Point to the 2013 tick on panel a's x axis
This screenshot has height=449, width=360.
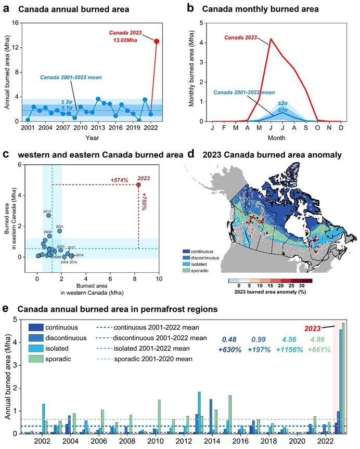pyautogui.click(x=98, y=127)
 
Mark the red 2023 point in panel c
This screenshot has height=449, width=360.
pyautogui.click(x=138, y=184)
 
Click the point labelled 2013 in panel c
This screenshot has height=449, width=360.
pyautogui.click(x=48, y=215)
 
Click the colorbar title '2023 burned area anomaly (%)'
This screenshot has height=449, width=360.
pyautogui.click(x=271, y=293)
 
